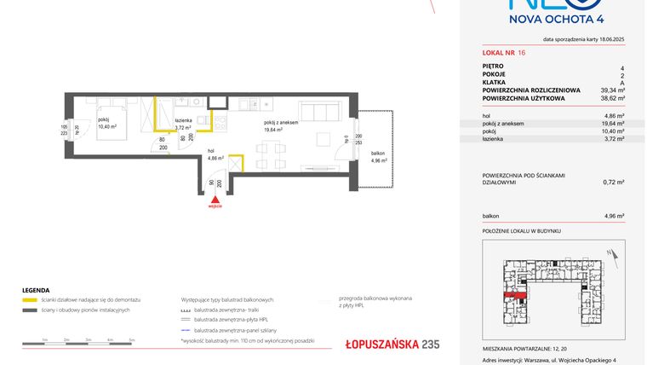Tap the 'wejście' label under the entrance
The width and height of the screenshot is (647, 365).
(215, 206)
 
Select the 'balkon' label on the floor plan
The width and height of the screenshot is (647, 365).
(377, 154)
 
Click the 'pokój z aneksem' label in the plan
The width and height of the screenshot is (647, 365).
(281, 124)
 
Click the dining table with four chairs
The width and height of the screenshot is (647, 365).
(271, 155)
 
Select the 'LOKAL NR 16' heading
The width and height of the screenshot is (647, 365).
(505, 53)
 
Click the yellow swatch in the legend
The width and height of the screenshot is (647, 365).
(29, 300)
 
